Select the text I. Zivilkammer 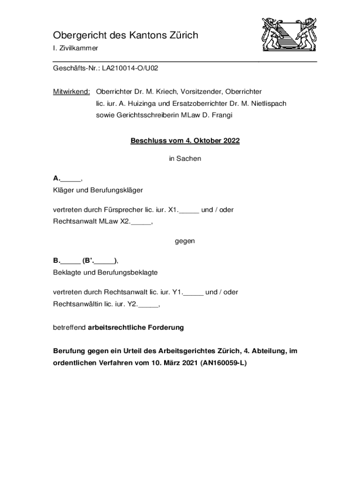pos(75,49)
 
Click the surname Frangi pos(222,115)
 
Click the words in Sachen pos(185,159)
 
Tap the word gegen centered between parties pos(185,241)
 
